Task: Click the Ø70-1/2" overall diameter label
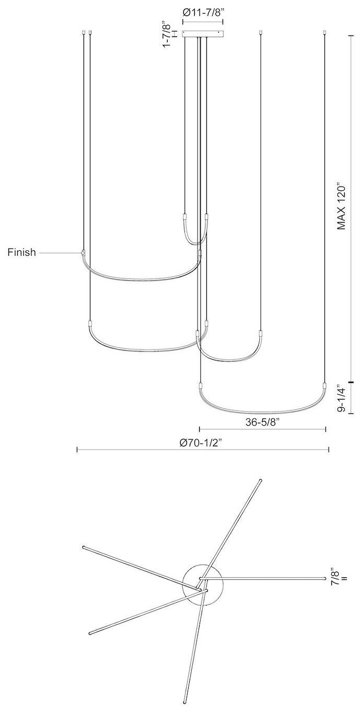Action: point(203,442)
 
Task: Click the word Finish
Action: point(21,253)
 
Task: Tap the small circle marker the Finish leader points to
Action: point(83,253)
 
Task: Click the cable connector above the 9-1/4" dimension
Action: point(325,386)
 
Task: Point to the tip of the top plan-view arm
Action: point(260,480)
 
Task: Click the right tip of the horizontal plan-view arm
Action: point(324,578)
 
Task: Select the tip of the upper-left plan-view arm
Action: point(84,547)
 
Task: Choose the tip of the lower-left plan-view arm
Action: point(90,633)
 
